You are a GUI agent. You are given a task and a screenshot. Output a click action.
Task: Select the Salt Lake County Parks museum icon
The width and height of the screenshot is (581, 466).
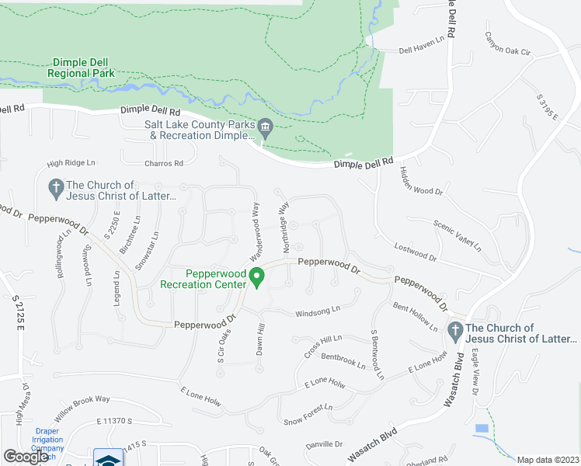(x=265, y=127)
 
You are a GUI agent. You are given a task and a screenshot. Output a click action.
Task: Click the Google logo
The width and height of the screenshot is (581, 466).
(x=26, y=457)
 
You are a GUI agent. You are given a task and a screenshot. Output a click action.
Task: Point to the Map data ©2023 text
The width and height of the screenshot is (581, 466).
(x=548, y=460)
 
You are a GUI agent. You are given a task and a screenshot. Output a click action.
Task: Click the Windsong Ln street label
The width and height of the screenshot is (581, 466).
(x=318, y=311)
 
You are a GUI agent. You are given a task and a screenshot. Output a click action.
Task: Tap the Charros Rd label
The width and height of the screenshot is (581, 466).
(x=163, y=163)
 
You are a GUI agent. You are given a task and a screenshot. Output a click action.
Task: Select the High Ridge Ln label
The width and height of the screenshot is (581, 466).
(x=70, y=162)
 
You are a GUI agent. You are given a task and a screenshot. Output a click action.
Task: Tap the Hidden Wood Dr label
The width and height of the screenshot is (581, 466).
(x=420, y=181)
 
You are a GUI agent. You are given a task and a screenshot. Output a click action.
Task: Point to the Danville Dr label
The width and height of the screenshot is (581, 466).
(x=324, y=444)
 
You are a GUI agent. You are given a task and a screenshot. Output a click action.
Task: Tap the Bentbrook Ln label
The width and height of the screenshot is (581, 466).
(x=343, y=360)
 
